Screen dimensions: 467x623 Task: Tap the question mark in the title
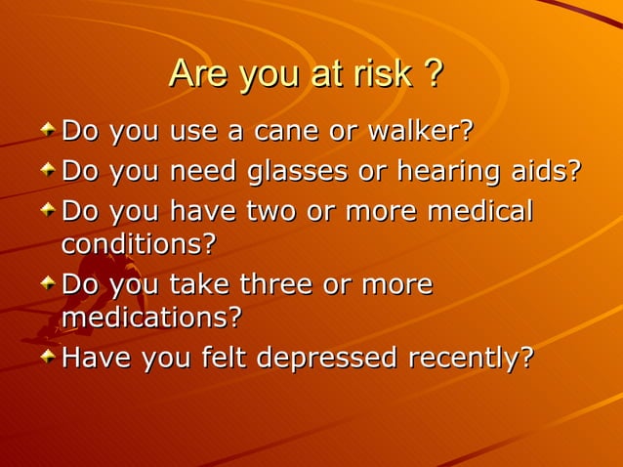(433, 74)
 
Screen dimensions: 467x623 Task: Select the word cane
(286, 130)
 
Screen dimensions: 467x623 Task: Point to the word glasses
(299, 171)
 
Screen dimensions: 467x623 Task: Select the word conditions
(138, 243)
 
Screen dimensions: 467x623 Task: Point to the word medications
(150, 318)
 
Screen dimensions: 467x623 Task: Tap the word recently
(471, 359)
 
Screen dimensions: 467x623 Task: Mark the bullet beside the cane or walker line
(48, 128)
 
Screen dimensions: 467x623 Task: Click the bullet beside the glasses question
(48, 169)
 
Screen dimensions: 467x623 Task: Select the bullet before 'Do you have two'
(48, 210)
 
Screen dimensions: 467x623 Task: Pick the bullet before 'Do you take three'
(48, 283)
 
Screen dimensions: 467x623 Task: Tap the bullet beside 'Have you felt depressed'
(48, 357)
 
